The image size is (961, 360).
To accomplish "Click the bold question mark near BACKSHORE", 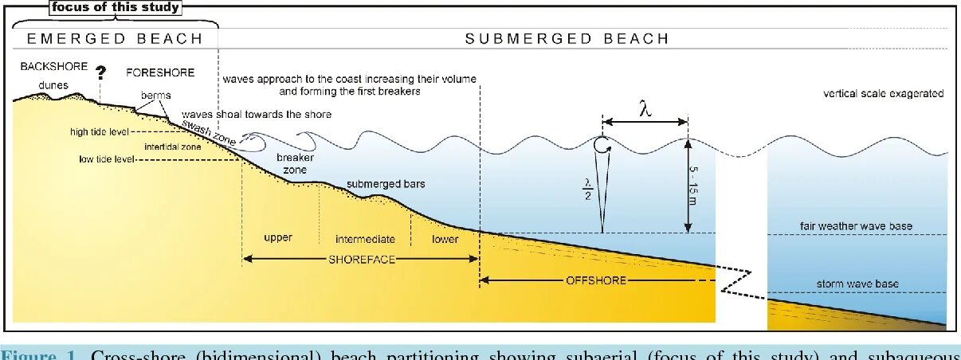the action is tap(101, 73).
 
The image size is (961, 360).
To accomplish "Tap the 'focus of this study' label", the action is tap(116, 8).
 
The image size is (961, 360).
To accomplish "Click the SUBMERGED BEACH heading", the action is tap(567, 38).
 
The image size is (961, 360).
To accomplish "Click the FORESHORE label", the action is tap(160, 72).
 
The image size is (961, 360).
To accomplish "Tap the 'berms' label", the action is tap(156, 95).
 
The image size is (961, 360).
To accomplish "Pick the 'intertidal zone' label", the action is tap(173, 147).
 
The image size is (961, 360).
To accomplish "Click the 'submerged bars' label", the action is tap(386, 184).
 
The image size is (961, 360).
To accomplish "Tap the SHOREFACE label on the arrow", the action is tap(362, 259).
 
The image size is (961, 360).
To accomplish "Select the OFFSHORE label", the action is tap(595, 280).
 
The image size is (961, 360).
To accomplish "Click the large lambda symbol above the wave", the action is tap(645, 108).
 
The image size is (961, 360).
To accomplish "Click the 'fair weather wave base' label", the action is tap(857, 226).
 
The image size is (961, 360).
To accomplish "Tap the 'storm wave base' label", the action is tap(857, 284).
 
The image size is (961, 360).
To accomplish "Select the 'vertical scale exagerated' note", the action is tap(883, 94).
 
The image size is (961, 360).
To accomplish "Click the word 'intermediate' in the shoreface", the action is tap(365, 238).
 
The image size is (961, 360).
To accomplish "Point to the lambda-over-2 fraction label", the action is tap(587, 186).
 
